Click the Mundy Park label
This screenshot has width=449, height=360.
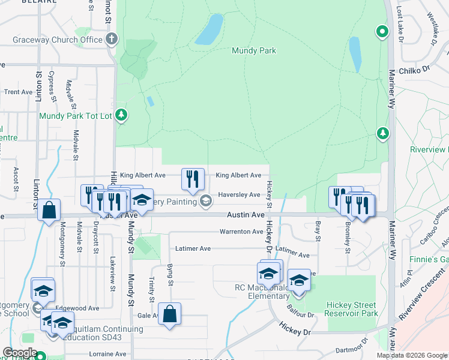(254, 51)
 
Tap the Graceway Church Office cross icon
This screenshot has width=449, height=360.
(110, 40)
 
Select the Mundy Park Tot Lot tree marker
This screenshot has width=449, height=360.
(122, 115)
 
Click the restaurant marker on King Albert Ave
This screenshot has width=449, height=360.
(193, 179)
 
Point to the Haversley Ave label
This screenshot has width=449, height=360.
(239, 194)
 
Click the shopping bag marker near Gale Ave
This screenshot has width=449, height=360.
(170, 313)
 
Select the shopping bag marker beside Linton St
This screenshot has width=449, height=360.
(49, 210)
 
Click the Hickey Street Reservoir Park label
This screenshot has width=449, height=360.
(352, 309)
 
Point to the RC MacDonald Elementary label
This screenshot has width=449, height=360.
(262, 292)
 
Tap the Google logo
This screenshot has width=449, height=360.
(20, 353)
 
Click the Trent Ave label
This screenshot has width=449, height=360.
(18, 92)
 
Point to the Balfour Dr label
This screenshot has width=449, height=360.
(300, 314)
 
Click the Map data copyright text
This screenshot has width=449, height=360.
(412, 355)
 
